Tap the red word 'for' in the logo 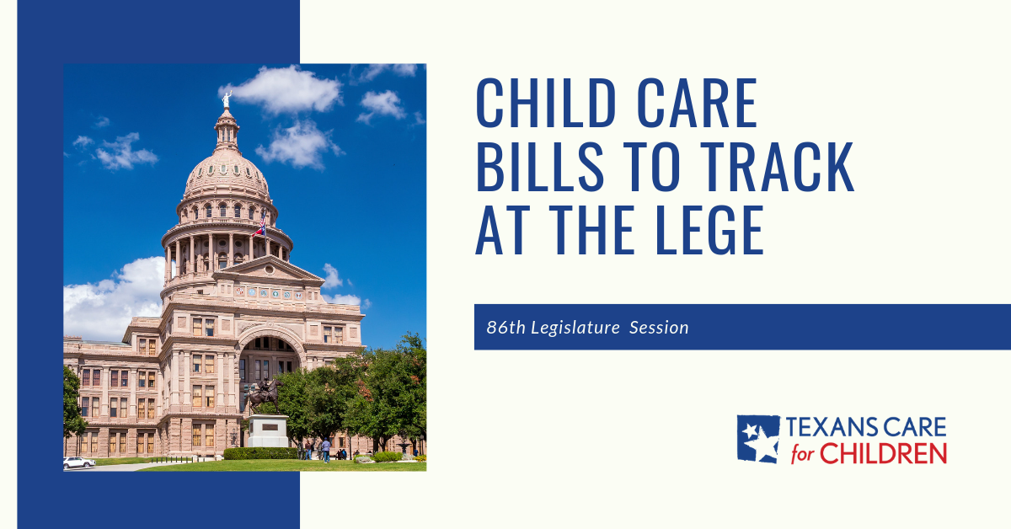[805, 456]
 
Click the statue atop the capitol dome [226, 99]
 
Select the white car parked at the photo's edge [78, 462]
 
